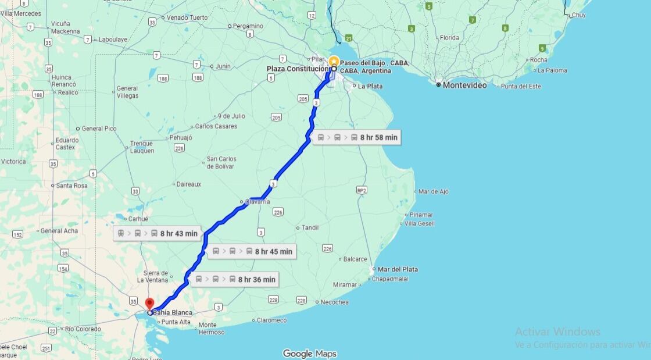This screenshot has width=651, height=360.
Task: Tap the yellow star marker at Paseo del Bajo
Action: (334, 61)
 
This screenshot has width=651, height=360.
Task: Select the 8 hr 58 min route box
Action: (357, 137)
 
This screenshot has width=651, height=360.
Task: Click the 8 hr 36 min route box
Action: (235, 279)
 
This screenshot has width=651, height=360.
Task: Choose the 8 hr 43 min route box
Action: (158, 234)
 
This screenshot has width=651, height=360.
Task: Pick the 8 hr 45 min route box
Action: (252, 251)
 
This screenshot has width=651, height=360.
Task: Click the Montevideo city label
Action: (464, 85)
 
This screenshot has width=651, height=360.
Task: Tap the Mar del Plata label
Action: (398, 269)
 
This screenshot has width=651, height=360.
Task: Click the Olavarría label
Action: (257, 202)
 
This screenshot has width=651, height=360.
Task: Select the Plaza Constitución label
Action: (298, 69)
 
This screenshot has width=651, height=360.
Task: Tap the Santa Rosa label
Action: (72, 186)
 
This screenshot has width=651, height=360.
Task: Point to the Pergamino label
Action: (248, 26)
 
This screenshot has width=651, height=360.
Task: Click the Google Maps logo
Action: (309, 354)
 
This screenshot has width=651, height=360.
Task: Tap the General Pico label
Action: (99, 129)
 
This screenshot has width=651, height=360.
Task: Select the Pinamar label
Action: (421, 215)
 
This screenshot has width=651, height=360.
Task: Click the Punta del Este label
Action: (521, 86)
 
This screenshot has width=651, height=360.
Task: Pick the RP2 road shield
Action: (362, 190)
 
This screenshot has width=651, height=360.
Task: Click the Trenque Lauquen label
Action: (142, 147)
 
